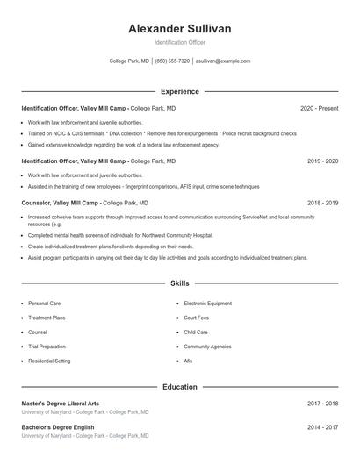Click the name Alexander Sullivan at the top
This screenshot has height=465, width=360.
(180, 29)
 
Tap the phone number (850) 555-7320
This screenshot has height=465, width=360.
(172, 61)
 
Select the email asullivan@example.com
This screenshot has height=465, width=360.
(222, 61)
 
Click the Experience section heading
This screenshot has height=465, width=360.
(180, 91)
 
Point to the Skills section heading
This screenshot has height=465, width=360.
(180, 283)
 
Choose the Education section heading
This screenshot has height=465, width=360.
(180, 386)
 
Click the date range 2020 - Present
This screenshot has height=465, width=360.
(319, 108)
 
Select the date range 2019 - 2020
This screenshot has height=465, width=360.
(322, 161)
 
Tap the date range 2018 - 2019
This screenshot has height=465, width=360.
(322, 203)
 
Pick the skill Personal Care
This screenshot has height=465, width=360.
(44, 303)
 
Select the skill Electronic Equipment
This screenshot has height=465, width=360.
(208, 303)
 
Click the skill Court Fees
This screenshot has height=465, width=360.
(197, 318)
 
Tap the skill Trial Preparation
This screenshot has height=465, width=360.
(47, 347)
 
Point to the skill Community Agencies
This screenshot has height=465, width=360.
(207, 347)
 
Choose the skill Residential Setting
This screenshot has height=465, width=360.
(49, 361)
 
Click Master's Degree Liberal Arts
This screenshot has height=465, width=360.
(61, 404)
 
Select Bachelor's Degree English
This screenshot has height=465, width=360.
(58, 427)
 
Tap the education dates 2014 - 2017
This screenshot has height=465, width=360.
(322, 427)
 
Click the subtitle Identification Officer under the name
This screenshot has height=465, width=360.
(180, 42)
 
